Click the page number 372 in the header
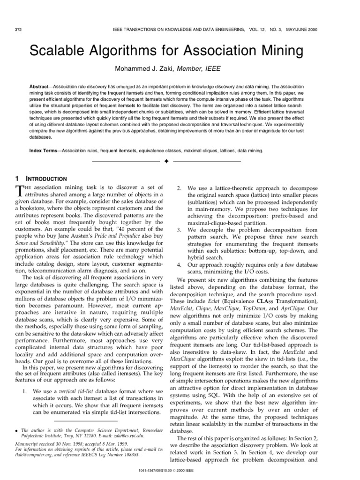pos(19,29)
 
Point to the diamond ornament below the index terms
pos(166,162)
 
